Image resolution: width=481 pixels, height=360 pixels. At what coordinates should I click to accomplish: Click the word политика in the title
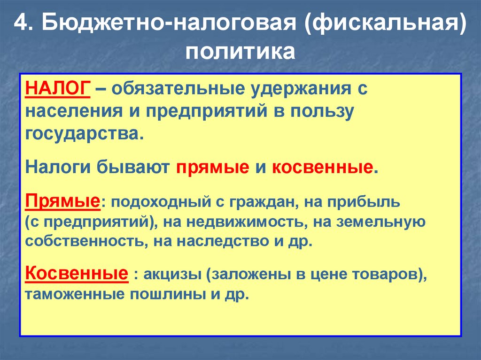pyautogui.click(x=240, y=51)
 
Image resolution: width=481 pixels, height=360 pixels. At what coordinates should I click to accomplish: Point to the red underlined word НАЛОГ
pyautogui.click(x=57, y=89)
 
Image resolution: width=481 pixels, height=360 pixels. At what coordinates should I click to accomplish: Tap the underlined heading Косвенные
pyautogui.click(x=77, y=273)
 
